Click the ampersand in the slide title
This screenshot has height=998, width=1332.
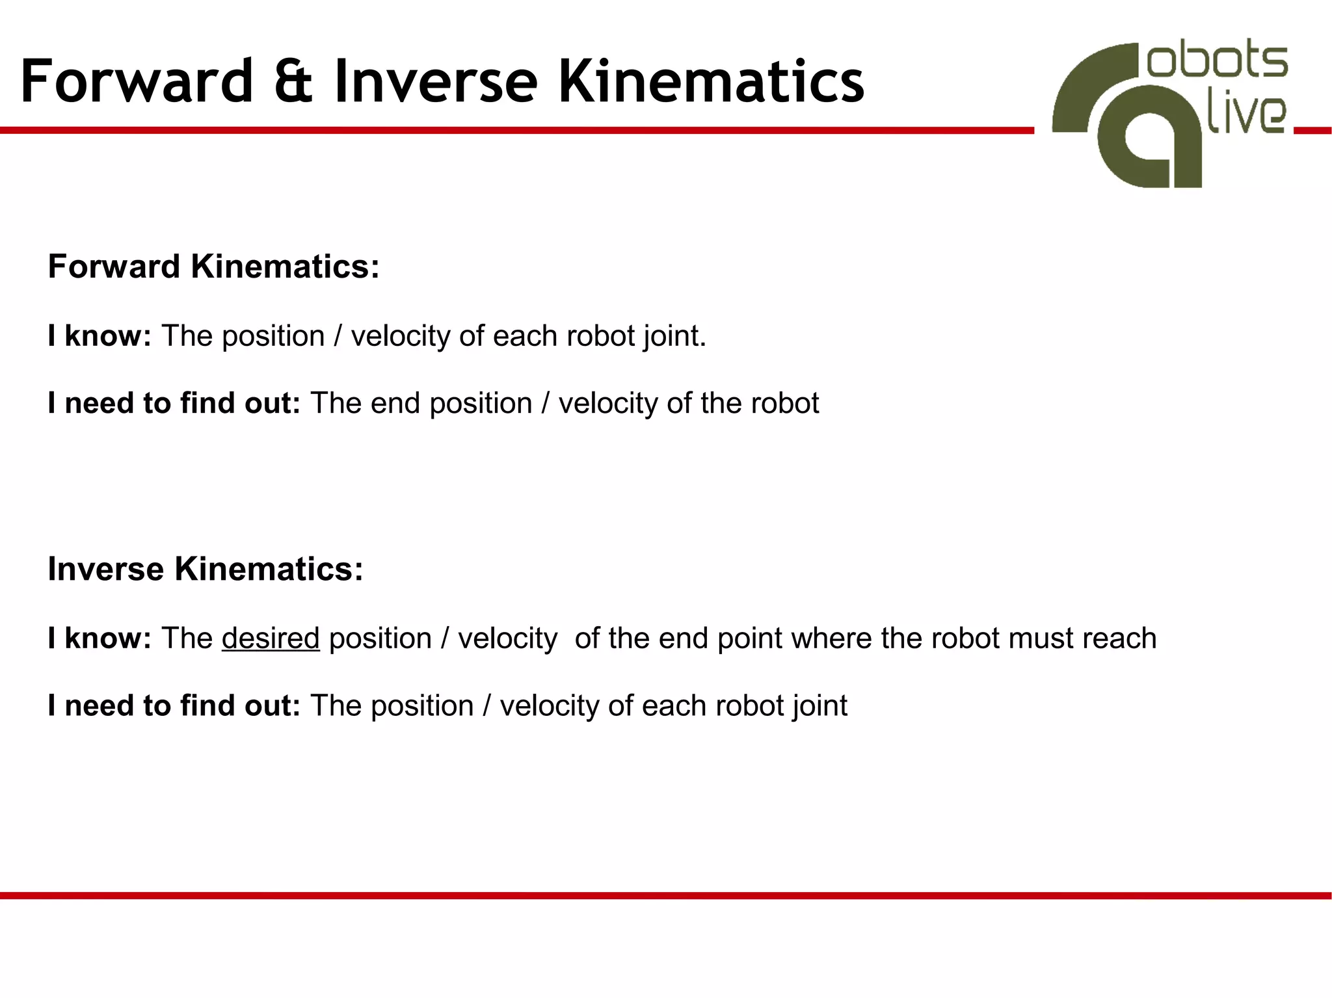[x=293, y=82]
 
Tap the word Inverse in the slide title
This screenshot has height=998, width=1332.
[x=436, y=82]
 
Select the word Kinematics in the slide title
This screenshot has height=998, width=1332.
[x=711, y=82]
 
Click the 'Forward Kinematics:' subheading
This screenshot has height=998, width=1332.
[x=213, y=267]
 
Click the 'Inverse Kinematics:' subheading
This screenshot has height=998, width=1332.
[x=205, y=570]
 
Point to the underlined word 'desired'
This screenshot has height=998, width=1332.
[x=271, y=638]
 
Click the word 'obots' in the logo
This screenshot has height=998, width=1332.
[x=1216, y=62]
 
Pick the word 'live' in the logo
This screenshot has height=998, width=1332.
[x=1245, y=116]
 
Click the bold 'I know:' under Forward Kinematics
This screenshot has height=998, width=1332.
[x=100, y=337]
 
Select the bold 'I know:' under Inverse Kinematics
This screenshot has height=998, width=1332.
[x=100, y=638]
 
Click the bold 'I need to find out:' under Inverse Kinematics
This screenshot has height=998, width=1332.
[x=174, y=706]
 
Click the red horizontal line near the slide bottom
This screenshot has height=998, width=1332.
[x=666, y=896]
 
